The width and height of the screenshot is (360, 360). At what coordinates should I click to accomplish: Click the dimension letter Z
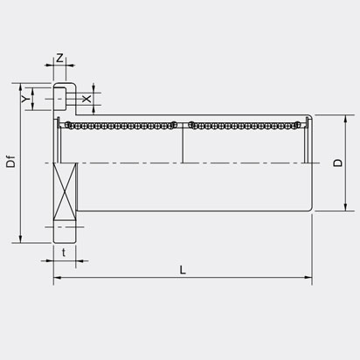click(59, 58)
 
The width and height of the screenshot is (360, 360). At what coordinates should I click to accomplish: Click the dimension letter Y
click(24, 99)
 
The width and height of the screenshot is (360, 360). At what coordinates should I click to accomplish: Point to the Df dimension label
click(10, 162)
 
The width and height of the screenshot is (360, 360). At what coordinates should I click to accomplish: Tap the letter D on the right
click(337, 163)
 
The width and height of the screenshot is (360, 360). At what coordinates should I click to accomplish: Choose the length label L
click(183, 270)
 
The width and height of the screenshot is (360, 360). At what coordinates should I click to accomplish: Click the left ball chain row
click(121, 125)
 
